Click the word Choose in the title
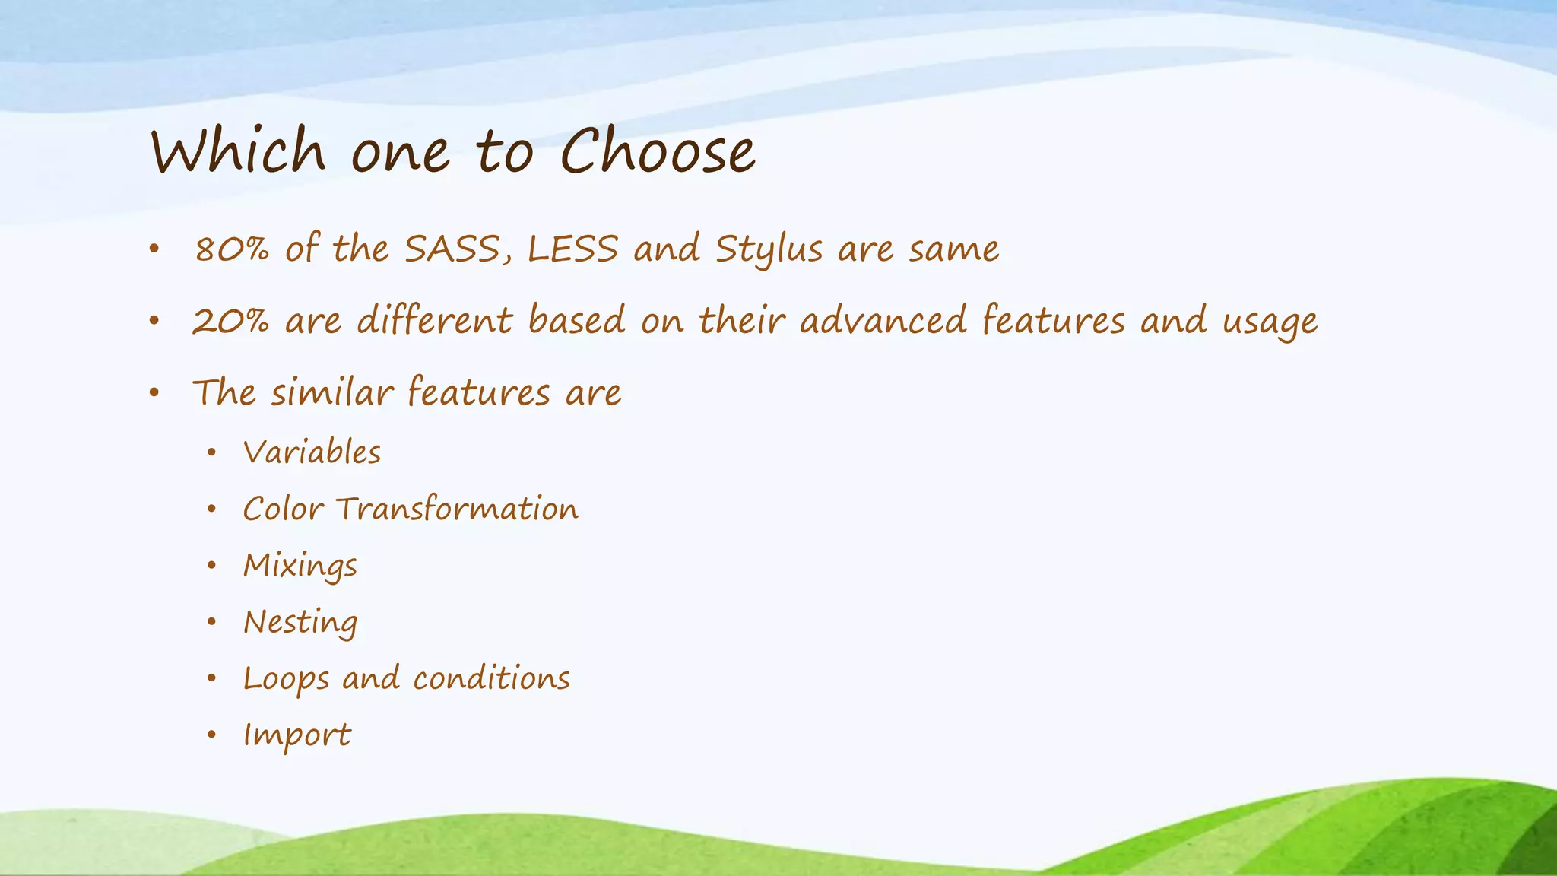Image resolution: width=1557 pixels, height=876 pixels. pyautogui.click(x=658, y=151)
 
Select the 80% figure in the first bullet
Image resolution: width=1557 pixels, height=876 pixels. pyautogui.click(x=232, y=249)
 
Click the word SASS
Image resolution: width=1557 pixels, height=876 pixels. pyautogui.click(x=452, y=249)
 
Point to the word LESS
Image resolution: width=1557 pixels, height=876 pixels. pyautogui.click(x=572, y=249)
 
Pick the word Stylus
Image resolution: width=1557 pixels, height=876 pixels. pyautogui.click(x=769, y=250)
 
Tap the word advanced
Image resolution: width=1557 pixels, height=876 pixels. pyautogui.click(x=883, y=320)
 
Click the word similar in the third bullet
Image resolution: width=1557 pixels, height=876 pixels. pyautogui.click(x=332, y=392)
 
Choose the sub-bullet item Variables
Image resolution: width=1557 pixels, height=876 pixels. pyautogui.click(x=312, y=452)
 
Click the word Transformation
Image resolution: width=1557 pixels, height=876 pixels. pyautogui.click(x=457, y=509)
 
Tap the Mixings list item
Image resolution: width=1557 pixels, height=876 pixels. pyautogui.click(x=300, y=566)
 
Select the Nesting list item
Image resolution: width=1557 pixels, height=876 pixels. pyautogui.click(x=300, y=623)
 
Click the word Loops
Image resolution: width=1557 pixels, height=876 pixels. pyautogui.click(x=286, y=679)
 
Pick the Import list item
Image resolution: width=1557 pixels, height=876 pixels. pyautogui.click(x=296, y=735)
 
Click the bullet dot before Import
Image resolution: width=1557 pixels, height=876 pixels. pyautogui.click(x=212, y=735)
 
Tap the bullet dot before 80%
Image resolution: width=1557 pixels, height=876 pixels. pyautogui.click(x=154, y=249)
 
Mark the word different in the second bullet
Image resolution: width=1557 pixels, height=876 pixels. pyautogui.click(x=435, y=320)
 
